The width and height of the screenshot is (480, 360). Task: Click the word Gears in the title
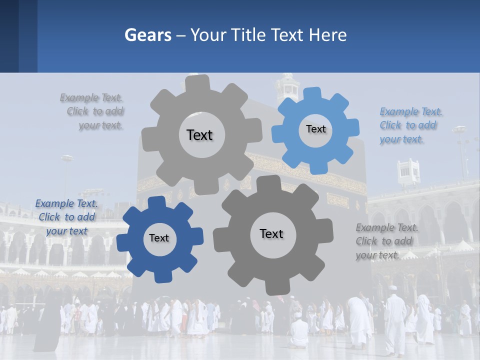147,35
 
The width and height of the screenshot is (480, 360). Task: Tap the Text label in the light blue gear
315,129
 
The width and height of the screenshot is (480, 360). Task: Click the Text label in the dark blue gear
159,238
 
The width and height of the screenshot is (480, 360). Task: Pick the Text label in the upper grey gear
199,135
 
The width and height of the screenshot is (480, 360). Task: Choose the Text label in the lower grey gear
271,233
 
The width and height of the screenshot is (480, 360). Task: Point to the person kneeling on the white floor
299,330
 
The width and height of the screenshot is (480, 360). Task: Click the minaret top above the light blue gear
288,87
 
